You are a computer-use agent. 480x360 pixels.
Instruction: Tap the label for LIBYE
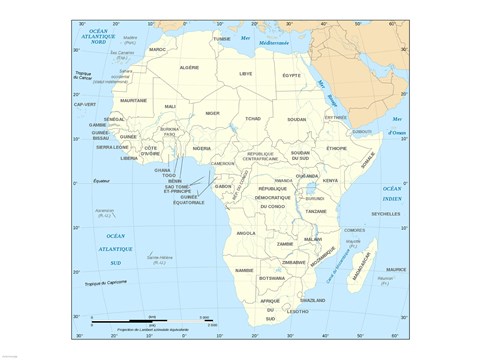tap(245, 73)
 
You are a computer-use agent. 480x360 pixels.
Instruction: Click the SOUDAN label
tap(296, 119)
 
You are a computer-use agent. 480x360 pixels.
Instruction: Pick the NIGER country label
tap(212, 113)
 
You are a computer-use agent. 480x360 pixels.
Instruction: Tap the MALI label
tap(170, 106)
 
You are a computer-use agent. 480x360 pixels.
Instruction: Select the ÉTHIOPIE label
tap(336, 148)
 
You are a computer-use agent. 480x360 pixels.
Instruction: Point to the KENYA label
tap(330, 180)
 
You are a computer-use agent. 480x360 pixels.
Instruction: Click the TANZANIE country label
tap(317, 211)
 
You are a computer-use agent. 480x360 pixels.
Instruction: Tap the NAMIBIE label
tap(244, 270)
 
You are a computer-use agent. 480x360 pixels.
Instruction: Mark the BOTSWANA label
tap(272, 278)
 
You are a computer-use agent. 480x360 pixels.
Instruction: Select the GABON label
tap(223, 185)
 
